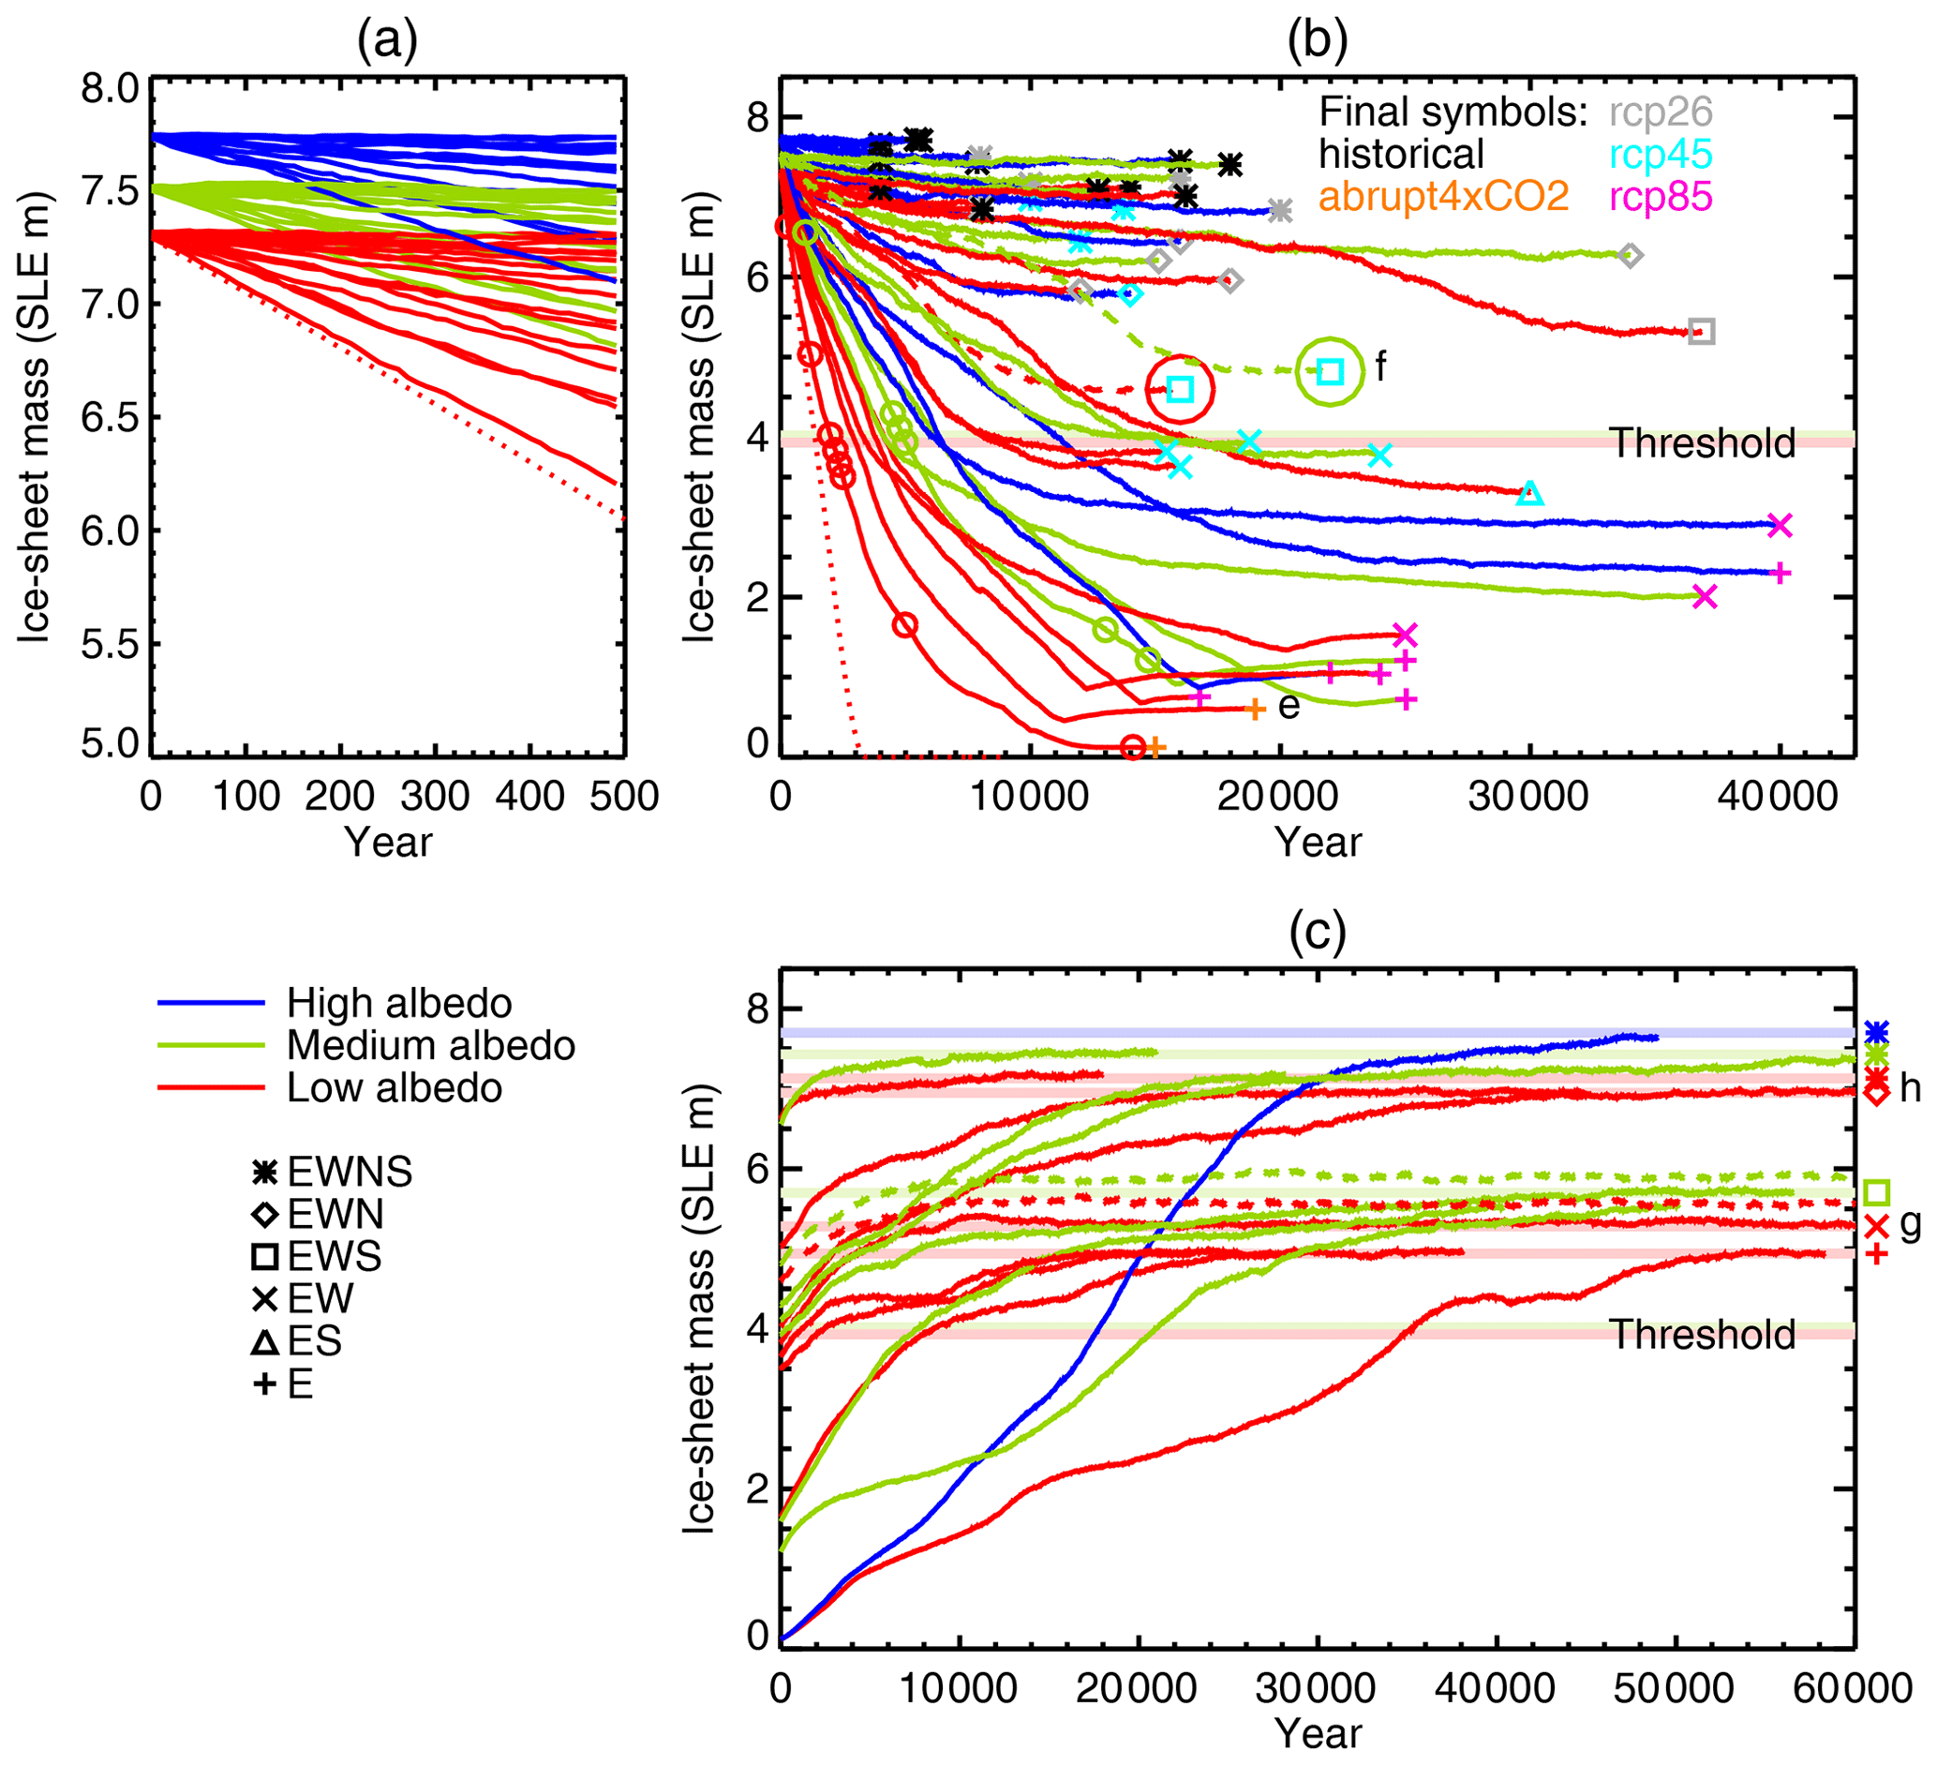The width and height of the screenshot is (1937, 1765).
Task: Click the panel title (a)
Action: pos(387,41)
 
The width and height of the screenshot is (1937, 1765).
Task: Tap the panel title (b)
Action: pos(1318,41)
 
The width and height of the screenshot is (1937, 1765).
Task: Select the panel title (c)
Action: pos(1318,932)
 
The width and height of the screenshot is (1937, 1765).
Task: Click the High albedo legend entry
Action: pos(398,1003)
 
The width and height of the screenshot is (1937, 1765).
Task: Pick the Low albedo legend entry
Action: pos(394,1087)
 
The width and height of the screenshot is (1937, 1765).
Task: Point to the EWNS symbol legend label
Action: pos(350,1173)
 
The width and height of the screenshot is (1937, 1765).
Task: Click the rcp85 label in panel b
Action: pos(1661,197)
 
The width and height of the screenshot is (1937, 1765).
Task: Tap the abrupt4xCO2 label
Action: pos(1443,197)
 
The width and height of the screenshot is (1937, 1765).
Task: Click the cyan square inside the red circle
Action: pos(1180,389)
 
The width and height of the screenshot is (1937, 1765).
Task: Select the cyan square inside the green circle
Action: pos(1330,372)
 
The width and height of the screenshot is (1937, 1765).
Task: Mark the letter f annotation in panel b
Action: pos(1380,366)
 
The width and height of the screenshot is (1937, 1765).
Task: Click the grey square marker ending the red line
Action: pos(1702,333)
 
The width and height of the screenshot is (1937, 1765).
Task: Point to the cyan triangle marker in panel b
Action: pos(1530,494)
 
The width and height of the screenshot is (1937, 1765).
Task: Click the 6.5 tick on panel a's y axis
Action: pos(110,418)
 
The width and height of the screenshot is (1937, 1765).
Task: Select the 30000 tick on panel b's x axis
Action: pos(1528,797)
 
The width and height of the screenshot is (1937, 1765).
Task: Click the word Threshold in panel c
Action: pos(1702,1335)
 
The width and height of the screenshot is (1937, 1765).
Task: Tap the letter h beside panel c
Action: pos(1909,1087)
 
